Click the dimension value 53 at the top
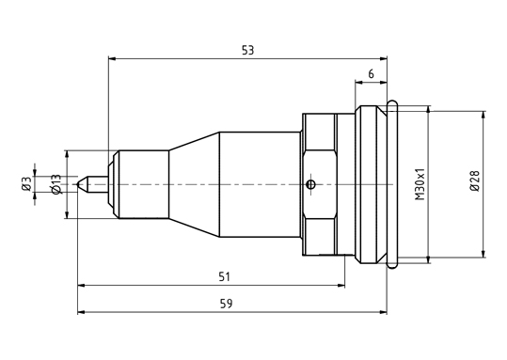coord(248,51)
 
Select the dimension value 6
coord(371,74)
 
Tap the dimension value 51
coord(224,277)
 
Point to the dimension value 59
coord(226,304)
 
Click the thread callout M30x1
coord(420,184)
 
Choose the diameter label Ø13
coord(55,184)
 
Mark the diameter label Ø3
coord(27,183)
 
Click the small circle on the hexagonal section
coord(310,184)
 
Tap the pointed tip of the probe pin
coord(77,184)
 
